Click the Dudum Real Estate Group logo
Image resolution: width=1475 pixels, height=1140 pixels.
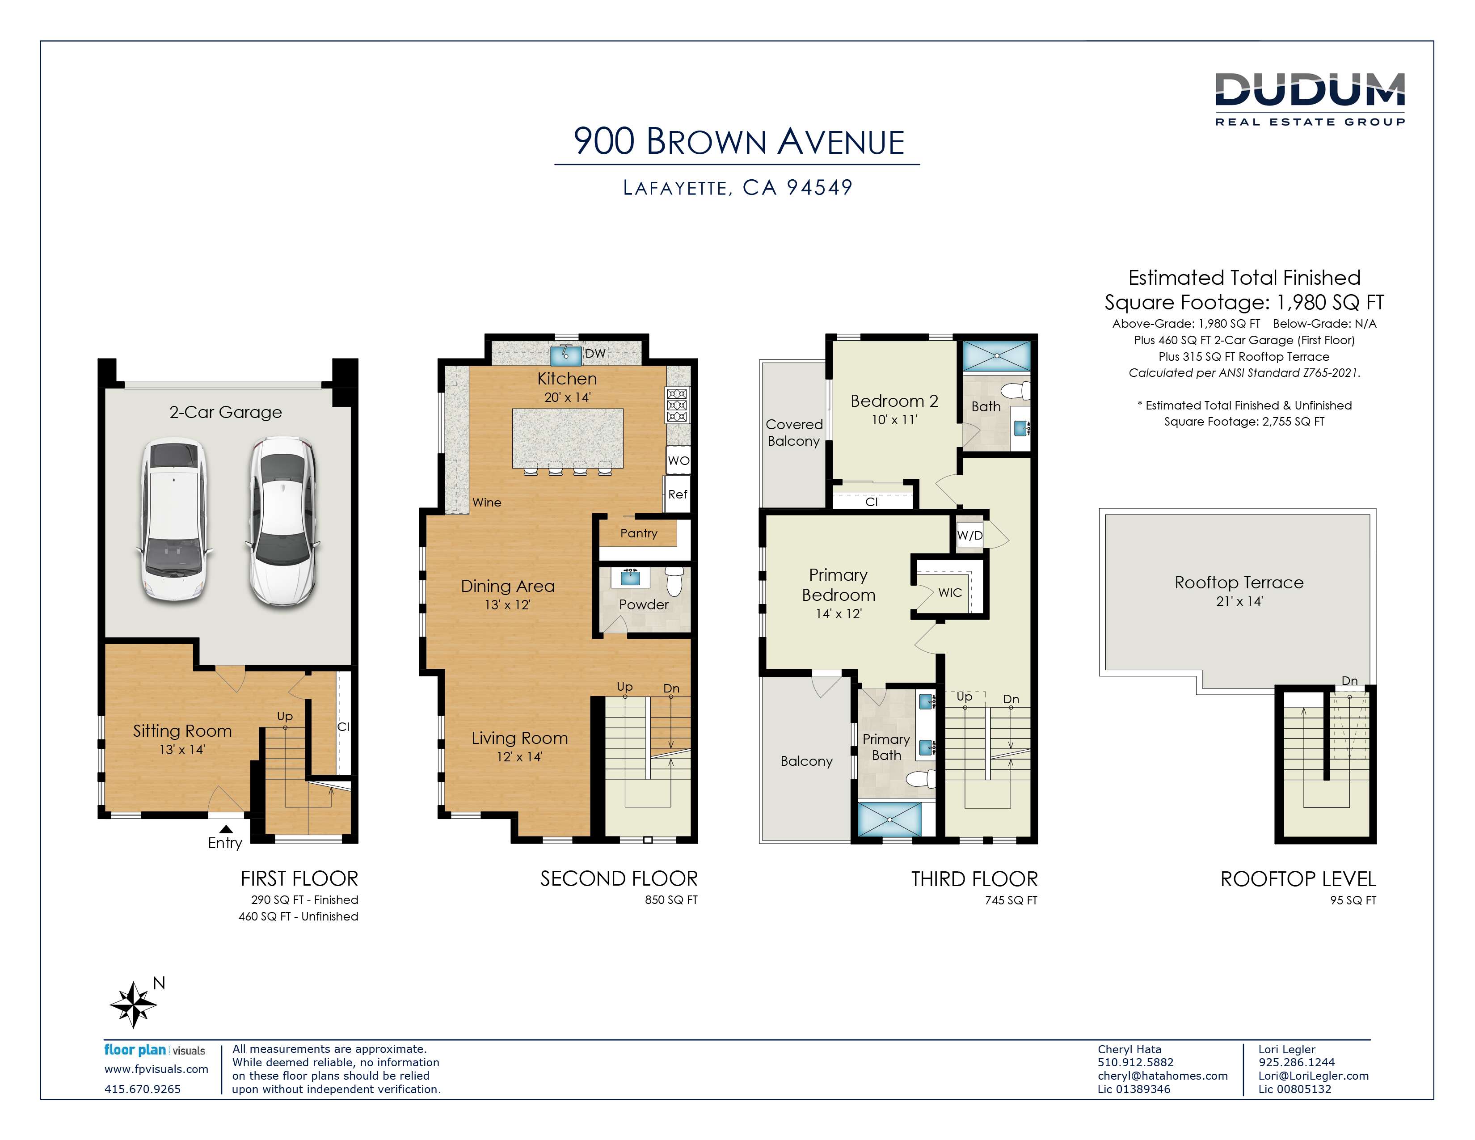pos(1310,99)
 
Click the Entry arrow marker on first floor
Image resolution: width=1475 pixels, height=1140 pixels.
pos(226,829)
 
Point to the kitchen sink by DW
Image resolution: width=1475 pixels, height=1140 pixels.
pos(566,355)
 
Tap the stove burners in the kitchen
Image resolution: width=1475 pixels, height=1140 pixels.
pos(678,405)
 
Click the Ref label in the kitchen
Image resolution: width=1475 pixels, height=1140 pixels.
pos(678,494)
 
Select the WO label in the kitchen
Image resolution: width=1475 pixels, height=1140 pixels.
pos(678,460)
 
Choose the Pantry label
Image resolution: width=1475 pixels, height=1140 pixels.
pos(639,533)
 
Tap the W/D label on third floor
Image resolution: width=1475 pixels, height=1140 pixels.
pos(970,536)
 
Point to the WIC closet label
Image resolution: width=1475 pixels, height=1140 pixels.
pos(949,592)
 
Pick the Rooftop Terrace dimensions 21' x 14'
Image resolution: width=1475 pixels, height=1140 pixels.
pos(1239,601)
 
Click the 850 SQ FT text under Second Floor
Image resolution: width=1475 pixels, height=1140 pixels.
pos(671,899)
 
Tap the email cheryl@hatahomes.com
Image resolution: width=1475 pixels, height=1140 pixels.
pos(1162,1076)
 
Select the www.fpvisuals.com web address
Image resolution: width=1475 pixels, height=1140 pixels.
pos(156,1069)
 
